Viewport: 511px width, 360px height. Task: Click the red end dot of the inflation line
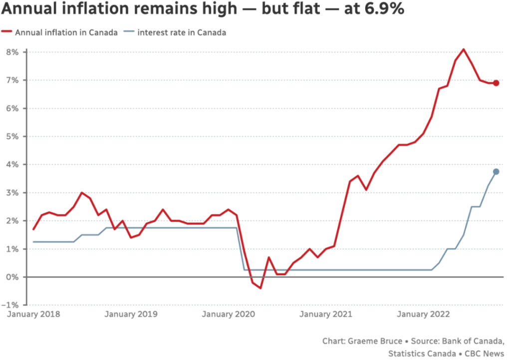click(496, 83)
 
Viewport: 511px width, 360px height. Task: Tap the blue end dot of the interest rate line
click(496, 172)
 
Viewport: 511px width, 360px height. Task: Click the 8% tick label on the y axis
click(12, 52)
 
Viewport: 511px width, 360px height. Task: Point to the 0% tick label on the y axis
click(12, 277)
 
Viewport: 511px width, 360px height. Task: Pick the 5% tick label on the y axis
click(12, 137)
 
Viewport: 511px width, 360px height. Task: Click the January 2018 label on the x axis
click(33, 315)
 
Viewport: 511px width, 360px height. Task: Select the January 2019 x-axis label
click(131, 315)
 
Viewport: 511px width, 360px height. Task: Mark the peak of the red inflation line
click(464, 49)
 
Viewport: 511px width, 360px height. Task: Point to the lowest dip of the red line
click(260, 288)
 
